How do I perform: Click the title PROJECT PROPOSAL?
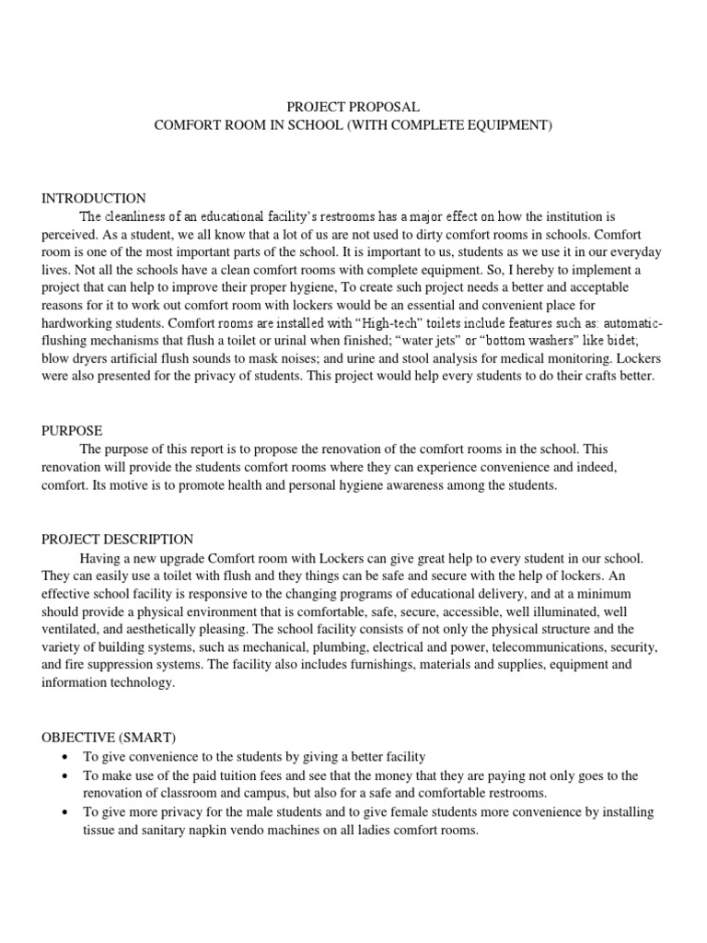(353, 108)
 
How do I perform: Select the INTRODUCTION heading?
(94, 198)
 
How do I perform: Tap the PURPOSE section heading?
(72, 431)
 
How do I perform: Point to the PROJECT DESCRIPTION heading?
(118, 540)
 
